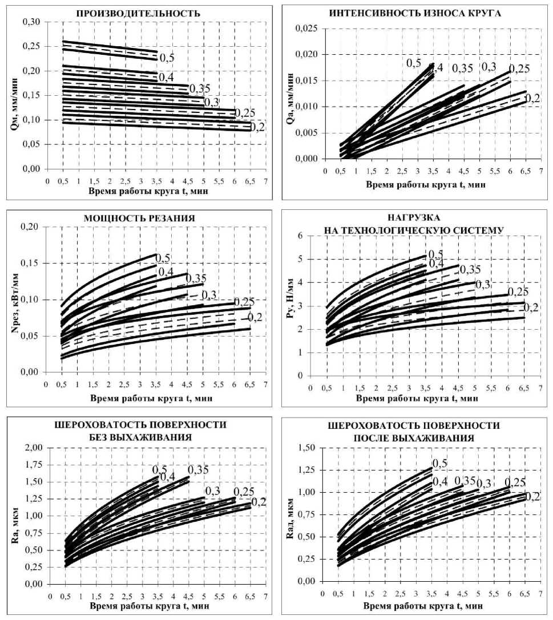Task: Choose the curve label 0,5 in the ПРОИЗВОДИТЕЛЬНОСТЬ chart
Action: tap(166, 58)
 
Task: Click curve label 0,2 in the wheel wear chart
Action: tap(532, 98)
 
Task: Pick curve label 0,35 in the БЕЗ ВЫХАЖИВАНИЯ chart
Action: tap(198, 470)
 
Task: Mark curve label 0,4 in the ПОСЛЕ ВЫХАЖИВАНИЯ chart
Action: tap(440, 481)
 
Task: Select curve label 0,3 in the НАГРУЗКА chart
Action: tap(483, 285)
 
